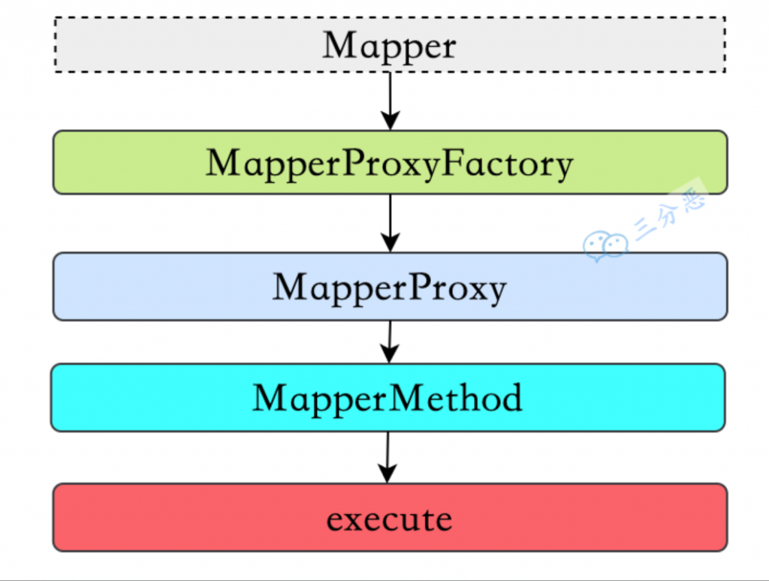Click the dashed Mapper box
click(x=390, y=44)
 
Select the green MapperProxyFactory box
click(x=390, y=162)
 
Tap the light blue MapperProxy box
click(x=390, y=286)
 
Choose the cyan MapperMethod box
click(x=388, y=398)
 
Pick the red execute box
click(x=390, y=517)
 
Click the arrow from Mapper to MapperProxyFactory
click(x=391, y=101)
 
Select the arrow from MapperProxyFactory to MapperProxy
click(x=391, y=224)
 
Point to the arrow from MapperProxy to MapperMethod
click(x=390, y=342)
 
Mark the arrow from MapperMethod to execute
click(x=388, y=457)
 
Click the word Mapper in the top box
click(x=390, y=46)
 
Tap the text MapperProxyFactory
click(x=390, y=164)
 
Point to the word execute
click(x=390, y=519)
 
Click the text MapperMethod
click(x=388, y=398)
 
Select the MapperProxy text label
click(x=390, y=287)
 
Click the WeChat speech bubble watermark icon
click(x=606, y=246)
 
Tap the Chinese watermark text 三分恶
click(x=669, y=212)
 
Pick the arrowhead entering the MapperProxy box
click(x=391, y=242)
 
